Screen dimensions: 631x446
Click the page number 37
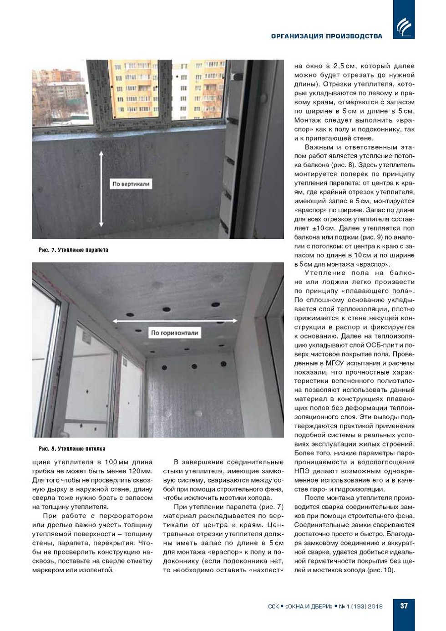tap(404, 606)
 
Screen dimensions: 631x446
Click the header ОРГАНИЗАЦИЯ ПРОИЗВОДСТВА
tap(326, 36)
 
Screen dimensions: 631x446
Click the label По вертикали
tap(131, 184)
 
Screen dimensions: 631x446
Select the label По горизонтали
tap(174, 333)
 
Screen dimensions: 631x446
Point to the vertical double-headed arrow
tap(101, 189)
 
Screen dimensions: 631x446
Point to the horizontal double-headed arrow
tap(175, 321)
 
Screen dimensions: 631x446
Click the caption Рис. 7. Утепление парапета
tap(73, 250)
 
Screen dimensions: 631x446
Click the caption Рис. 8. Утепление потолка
tap(72, 449)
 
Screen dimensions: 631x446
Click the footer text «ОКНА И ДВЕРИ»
tap(307, 606)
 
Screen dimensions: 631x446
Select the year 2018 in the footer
tap(375, 606)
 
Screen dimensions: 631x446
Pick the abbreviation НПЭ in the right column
tap(302, 471)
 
